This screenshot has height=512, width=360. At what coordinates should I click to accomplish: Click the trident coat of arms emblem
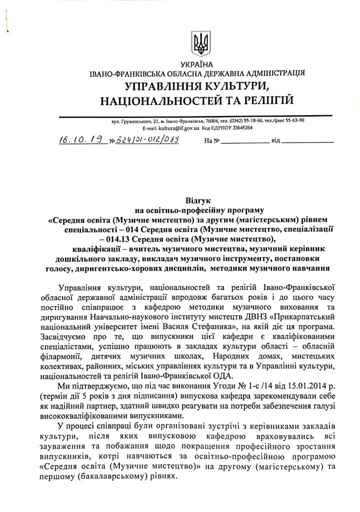pos(201,42)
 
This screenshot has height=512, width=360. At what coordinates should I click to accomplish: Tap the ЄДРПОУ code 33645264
pos(241,128)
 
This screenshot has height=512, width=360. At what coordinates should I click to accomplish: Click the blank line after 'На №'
pos(245,142)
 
